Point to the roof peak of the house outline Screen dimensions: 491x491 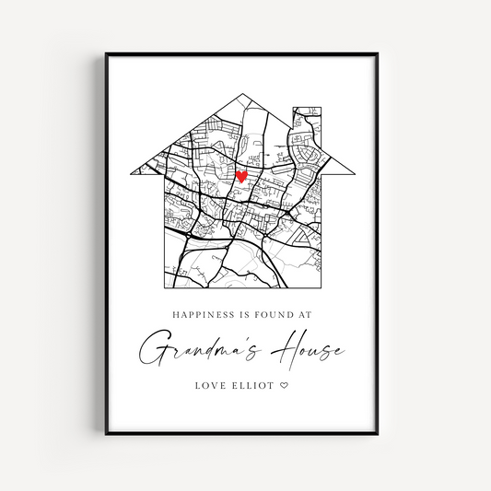(x=245, y=93)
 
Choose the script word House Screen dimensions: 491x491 (x=308, y=350)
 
